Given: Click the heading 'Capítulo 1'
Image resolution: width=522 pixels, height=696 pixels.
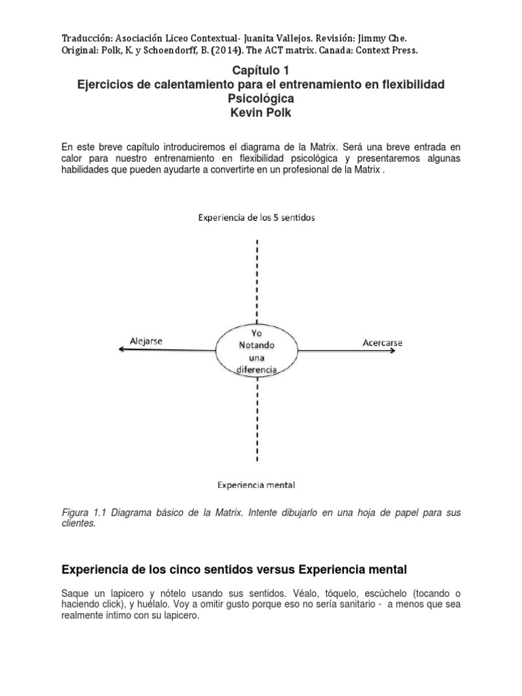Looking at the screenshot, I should point(261,70).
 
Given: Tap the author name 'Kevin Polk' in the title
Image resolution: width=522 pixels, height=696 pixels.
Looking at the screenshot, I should point(261,113).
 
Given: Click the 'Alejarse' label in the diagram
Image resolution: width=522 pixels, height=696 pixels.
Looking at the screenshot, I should point(146,341).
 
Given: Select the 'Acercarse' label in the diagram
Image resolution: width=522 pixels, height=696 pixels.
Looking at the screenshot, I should point(383,343).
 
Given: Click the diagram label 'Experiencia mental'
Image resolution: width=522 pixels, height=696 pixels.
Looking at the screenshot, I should point(256,485).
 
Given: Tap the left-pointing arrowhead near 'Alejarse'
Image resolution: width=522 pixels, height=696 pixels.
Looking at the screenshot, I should point(120,349).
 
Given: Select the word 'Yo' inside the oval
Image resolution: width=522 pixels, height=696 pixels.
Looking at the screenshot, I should point(256,333).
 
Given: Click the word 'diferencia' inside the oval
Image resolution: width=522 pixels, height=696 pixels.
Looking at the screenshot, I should point(256,368).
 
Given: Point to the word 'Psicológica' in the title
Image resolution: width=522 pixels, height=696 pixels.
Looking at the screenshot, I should point(261,99).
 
